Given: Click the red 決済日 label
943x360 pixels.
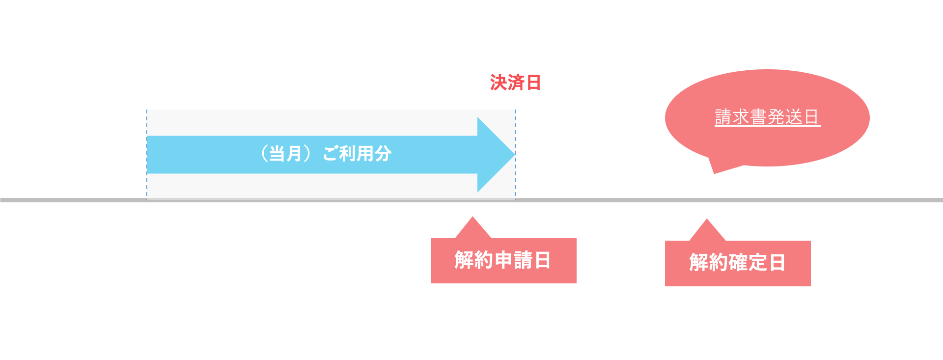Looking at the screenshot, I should point(515,83).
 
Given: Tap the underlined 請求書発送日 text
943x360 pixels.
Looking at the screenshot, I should point(767,117).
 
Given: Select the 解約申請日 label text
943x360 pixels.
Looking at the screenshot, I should point(502,260).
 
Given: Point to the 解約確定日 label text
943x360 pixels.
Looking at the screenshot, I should point(737,262).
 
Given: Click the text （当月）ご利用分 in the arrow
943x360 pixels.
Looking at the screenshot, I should point(325,154).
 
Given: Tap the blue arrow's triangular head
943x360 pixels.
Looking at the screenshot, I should point(494,154).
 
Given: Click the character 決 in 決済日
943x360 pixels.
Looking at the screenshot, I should point(498,83).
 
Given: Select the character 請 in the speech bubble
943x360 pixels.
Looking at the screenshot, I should point(723,117).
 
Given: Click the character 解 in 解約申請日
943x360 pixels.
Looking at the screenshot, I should point(464,260).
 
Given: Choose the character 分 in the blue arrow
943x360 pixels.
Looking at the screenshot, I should point(383,154).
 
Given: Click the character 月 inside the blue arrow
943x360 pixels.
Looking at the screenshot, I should point(294,154).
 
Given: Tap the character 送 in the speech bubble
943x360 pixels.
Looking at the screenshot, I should point(794,117).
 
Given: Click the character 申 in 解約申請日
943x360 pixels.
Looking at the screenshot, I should point(503,260).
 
